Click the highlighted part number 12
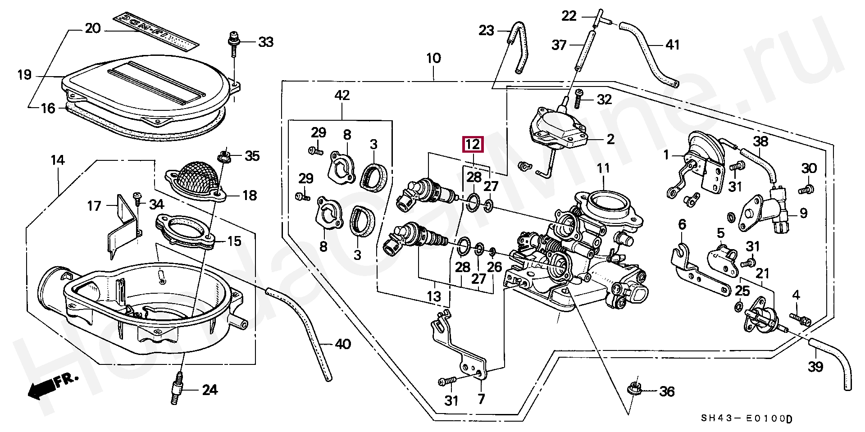[473, 144]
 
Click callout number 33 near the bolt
[265, 42]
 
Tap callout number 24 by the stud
[209, 390]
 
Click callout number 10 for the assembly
[433, 58]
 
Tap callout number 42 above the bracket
[342, 95]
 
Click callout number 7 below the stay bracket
[481, 399]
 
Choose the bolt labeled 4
[800, 320]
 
